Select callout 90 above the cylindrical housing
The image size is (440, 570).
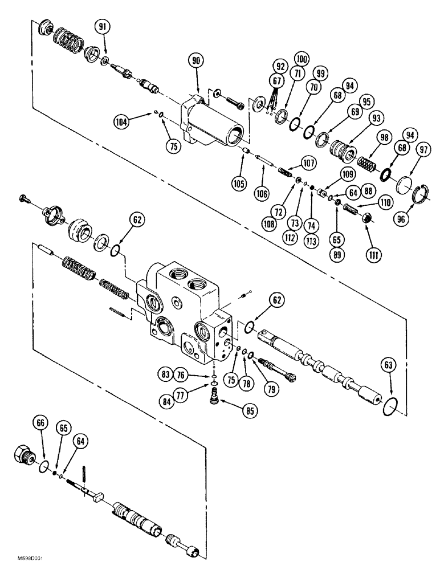197,60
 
